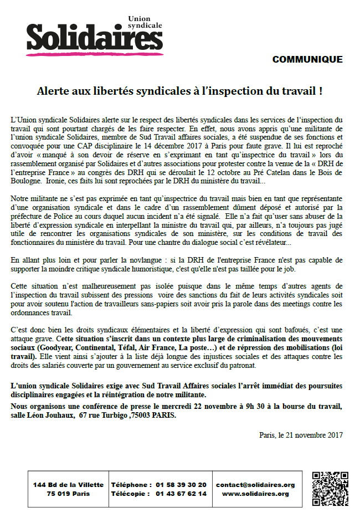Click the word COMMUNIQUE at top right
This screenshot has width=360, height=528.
pyautogui.click(x=307, y=60)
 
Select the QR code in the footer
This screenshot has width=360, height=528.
pyautogui.click(x=330, y=489)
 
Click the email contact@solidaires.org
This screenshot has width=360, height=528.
pyautogui.click(x=255, y=484)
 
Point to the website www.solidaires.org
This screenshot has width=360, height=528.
pyautogui.click(x=255, y=494)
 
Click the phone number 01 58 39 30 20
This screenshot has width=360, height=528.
pyautogui.click(x=181, y=484)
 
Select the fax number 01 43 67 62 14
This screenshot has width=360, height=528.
pyautogui.click(x=181, y=494)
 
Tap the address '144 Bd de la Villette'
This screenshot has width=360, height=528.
pyautogui.click(x=68, y=484)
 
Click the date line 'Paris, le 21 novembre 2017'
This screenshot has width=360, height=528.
pyautogui.click(x=300, y=435)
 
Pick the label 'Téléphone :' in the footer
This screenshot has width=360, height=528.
pyautogui.click(x=132, y=484)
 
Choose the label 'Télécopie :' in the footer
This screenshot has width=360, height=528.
pyautogui.click(x=131, y=494)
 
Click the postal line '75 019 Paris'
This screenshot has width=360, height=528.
pyautogui.click(x=68, y=494)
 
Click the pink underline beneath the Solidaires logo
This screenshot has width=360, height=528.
pyautogui.click(x=94, y=54)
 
